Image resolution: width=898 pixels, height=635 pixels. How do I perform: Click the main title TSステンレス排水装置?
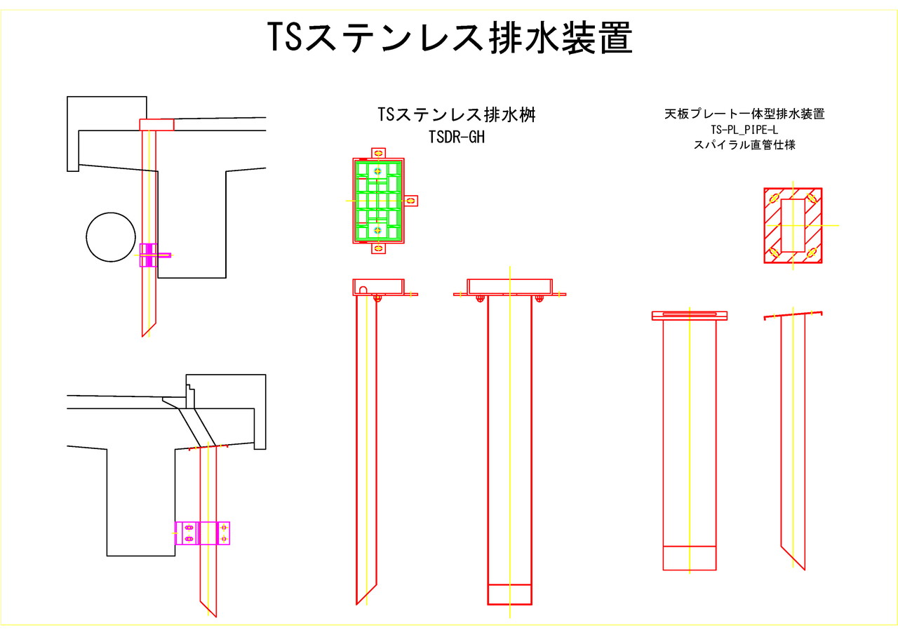pos(450,38)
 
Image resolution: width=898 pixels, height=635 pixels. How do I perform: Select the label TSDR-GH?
pos(456,138)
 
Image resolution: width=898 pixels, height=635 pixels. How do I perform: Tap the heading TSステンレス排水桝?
pos(456,115)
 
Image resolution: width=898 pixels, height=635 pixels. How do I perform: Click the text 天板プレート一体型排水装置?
pos(744,114)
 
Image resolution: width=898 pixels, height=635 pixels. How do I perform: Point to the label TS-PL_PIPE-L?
pos(744,131)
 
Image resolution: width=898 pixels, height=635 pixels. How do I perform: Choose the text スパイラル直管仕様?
pos(744,146)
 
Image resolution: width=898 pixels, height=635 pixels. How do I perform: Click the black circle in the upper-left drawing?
pos(111,236)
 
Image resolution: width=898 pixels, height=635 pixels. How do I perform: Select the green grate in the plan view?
pos(378,201)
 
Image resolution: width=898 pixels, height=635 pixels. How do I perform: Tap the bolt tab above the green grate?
pos(378,152)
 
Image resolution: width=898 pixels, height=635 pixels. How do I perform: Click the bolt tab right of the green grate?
pos(411,201)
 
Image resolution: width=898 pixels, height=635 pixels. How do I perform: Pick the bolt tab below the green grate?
pos(378,248)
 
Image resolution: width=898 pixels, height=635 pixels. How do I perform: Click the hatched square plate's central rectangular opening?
pos(793,225)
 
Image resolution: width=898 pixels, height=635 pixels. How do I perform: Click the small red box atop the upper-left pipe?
pos(156,125)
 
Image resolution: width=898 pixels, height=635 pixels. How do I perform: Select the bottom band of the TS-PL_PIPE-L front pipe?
pos(690,558)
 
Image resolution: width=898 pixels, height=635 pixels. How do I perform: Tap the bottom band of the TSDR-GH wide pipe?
pos(510,594)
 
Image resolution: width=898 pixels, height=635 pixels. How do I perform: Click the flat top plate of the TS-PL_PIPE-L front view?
pos(690,315)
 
